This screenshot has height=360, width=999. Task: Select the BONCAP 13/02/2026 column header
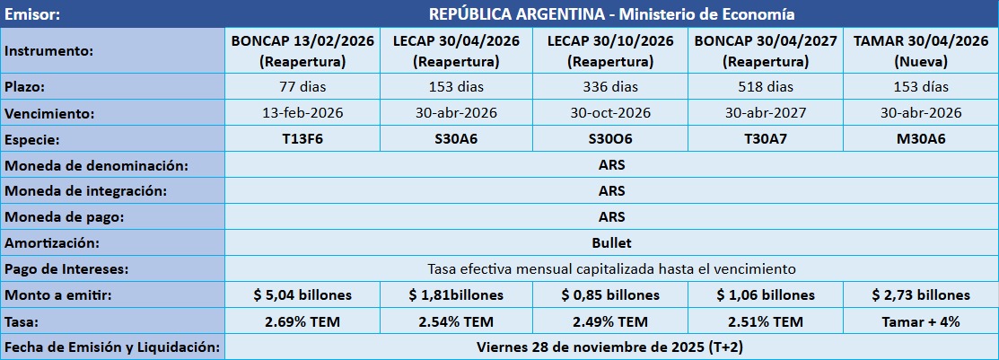(302, 51)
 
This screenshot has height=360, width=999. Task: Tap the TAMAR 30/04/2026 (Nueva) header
(921, 51)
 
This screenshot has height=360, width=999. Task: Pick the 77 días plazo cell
(302, 87)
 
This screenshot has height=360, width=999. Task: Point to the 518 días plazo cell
(766, 87)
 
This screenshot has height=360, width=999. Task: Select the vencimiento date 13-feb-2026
(302, 113)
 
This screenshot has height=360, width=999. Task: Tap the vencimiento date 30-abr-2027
(766, 113)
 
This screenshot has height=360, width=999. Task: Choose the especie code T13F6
(302, 139)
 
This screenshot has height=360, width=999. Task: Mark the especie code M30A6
(921, 139)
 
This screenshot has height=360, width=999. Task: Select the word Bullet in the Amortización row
(611, 242)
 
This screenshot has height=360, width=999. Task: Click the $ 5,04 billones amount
(302, 294)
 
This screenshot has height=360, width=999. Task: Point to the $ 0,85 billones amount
(610, 294)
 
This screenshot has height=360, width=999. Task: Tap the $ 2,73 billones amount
(921, 294)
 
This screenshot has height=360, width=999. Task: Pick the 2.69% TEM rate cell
(302, 321)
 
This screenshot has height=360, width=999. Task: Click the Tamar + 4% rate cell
(921, 321)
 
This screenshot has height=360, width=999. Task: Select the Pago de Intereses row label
(66, 268)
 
